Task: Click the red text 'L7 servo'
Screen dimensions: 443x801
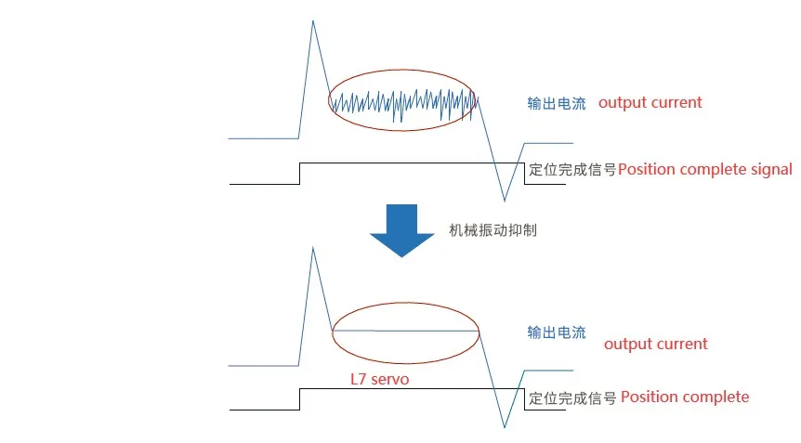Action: coord(379,379)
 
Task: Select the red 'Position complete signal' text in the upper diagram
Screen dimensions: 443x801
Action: coord(705,169)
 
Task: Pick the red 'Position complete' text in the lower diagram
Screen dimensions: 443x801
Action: coord(685,397)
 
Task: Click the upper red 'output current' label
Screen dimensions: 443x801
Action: coord(650,102)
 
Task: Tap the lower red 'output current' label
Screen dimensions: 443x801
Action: coord(656,344)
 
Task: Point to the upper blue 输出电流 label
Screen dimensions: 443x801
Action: coord(557,103)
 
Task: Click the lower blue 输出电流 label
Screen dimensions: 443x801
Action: coord(557,332)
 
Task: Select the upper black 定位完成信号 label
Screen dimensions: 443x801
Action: coord(572,170)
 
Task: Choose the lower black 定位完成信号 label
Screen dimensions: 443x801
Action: coord(572,397)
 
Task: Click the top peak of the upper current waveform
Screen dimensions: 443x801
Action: coord(313,21)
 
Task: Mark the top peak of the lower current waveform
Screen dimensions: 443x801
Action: coord(313,248)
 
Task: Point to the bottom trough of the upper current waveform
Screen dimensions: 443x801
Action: coord(505,200)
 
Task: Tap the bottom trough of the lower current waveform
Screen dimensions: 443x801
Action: coord(505,426)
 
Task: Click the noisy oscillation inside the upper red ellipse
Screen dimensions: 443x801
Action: coord(402,102)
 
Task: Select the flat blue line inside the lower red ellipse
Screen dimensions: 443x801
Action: coord(405,331)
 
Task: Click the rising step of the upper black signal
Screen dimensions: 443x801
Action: coord(299,174)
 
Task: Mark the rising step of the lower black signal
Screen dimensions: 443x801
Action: coord(299,399)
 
